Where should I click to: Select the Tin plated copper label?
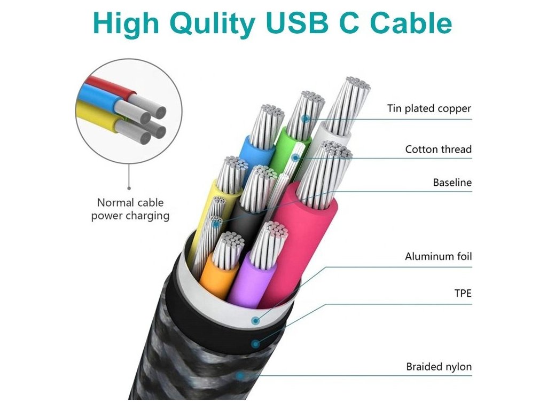(x=429, y=109)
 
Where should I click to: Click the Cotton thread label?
(x=438, y=149)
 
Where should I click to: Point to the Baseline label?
(x=452, y=183)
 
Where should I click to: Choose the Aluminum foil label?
(x=438, y=257)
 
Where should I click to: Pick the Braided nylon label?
(x=439, y=367)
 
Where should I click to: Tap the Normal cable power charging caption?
(x=130, y=209)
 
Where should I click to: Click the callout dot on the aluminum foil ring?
(x=256, y=321)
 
